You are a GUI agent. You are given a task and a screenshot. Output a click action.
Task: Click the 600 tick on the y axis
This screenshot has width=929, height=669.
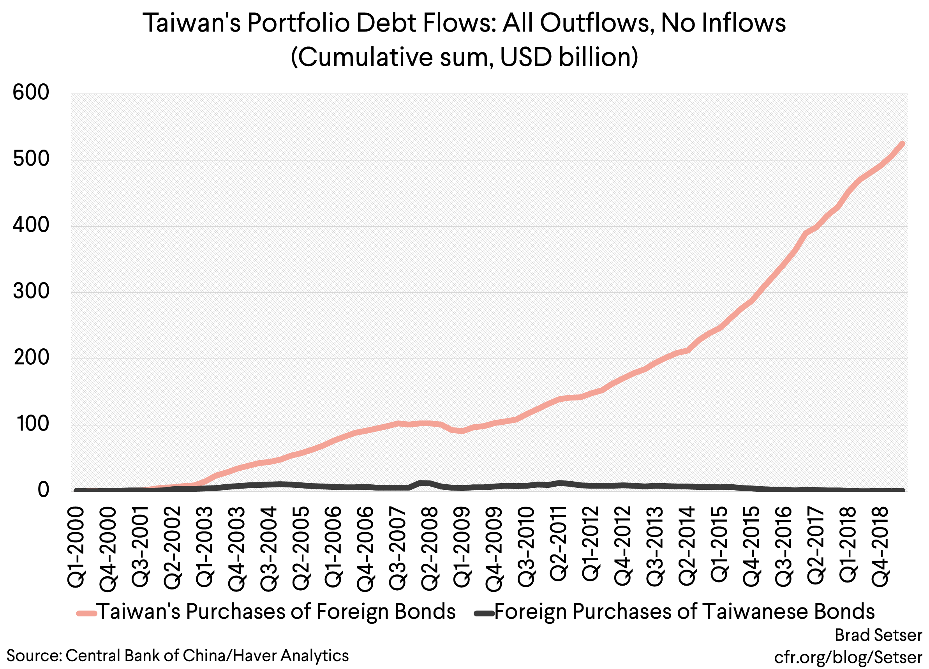tap(31, 93)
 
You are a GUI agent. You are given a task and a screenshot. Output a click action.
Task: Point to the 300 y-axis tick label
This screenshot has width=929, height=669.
tap(31, 292)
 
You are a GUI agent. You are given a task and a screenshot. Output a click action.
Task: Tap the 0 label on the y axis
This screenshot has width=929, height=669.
tap(43, 490)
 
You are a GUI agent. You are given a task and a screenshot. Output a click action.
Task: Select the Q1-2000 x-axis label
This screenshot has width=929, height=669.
tap(76, 547)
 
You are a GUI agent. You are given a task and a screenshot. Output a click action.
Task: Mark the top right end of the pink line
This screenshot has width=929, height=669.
tap(902, 143)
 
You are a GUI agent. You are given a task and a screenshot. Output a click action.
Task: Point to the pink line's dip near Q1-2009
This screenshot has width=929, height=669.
tap(462, 431)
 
